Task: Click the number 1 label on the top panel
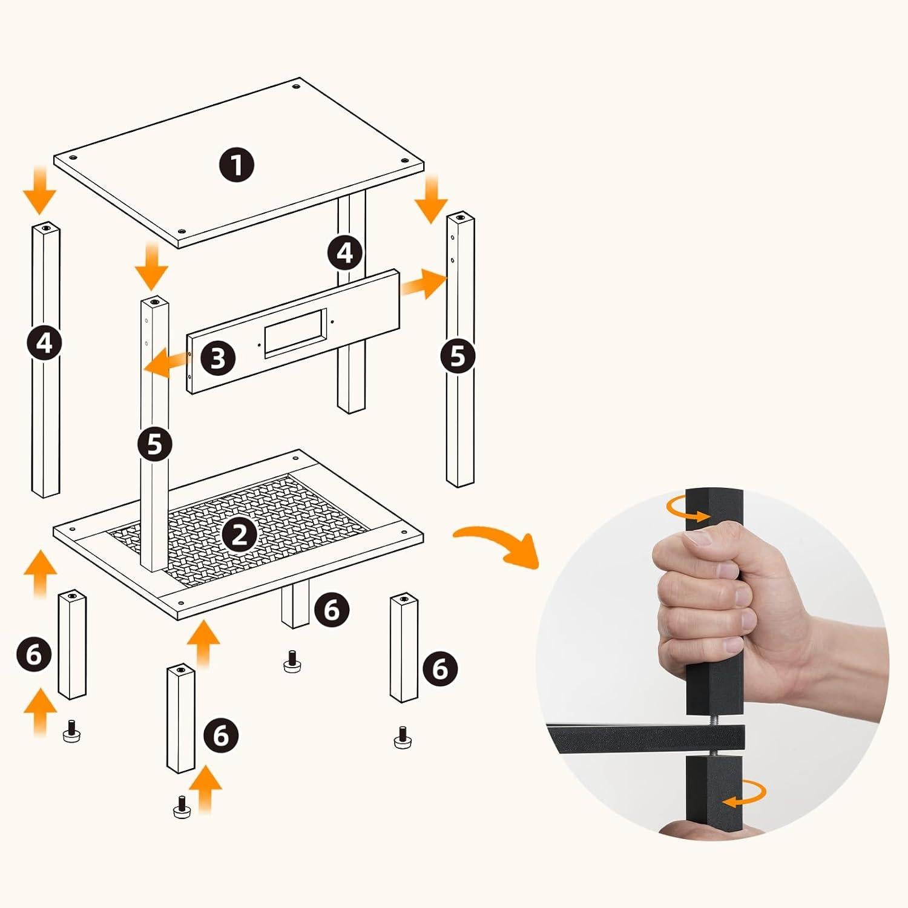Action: [237, 164]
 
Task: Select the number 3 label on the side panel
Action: [218, 358]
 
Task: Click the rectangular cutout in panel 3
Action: [295, 330]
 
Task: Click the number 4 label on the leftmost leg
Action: [45, 343]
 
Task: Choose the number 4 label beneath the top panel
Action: [345, 252]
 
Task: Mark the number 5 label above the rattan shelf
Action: [155, 444]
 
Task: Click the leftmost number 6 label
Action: [35, 654]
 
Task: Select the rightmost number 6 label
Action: [440, 669]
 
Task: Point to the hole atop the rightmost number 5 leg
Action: [461, 215]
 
